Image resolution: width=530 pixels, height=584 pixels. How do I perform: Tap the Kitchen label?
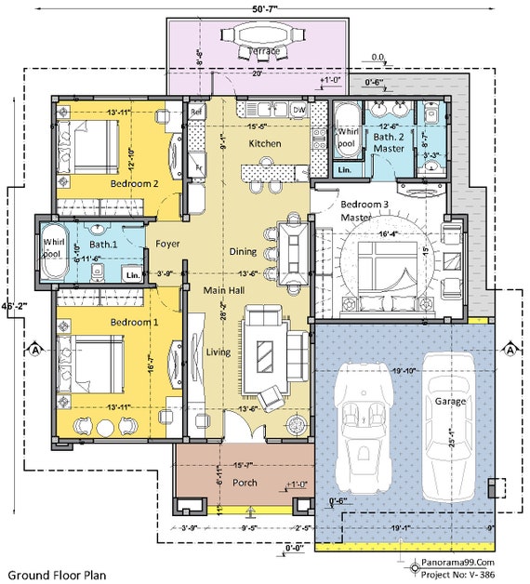click(264, 144)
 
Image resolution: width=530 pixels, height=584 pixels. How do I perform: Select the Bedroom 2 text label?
click(135, 184)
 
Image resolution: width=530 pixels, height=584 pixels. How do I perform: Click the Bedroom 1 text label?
click(135, 322)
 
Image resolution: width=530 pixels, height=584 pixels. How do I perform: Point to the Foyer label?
click(167, 244)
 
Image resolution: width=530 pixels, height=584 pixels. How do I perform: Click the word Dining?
click(244, 251)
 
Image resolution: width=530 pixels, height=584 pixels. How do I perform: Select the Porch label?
click(245, 483)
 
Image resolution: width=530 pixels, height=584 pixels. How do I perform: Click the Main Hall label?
click(223, 291)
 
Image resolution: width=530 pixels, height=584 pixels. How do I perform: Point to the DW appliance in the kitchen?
click(298, 110)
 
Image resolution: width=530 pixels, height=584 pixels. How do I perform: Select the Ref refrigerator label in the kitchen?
click(196, 111)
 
